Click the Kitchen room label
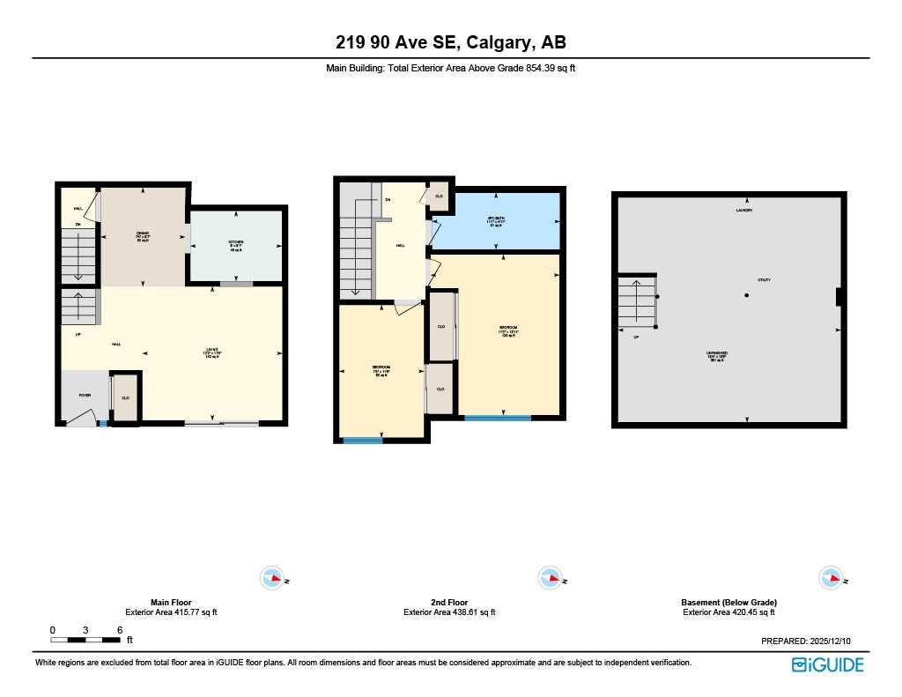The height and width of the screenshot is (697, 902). point(235,243)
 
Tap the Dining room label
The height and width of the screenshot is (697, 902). point(143,235)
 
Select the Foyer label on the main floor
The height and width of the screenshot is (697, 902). point(85,395)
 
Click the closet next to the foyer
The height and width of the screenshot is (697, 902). point(125,398)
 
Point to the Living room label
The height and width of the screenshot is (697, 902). point(212,353)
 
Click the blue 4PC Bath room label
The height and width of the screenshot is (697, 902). point(496,222)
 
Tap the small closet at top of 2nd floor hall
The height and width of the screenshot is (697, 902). point(439,196)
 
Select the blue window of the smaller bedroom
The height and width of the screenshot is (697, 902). point(358,440)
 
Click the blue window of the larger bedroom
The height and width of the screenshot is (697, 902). point(498,418)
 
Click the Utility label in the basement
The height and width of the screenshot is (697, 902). point(764,280)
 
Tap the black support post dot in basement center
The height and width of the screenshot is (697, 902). point(746,295)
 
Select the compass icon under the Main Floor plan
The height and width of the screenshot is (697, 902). point(272,578)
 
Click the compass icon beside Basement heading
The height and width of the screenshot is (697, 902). point(830,578)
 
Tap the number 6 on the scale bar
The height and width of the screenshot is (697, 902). point(120,630)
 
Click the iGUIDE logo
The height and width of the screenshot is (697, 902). point(828,664)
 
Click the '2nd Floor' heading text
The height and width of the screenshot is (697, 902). point(449,603)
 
